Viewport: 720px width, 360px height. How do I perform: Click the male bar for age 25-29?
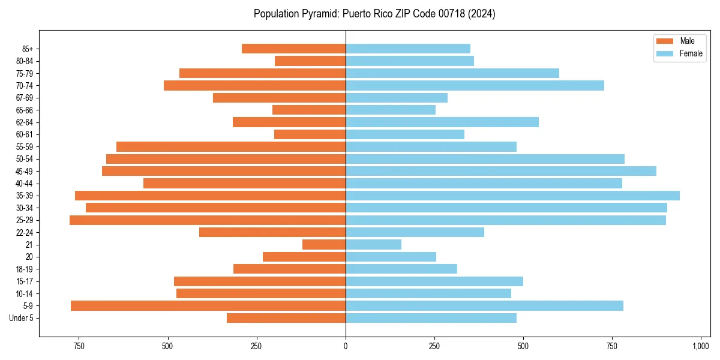[208, 220]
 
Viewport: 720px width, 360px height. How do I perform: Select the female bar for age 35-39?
[512, 196]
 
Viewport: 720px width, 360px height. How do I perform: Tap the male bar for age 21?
[324, 245]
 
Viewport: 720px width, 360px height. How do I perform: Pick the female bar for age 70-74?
[475, 86]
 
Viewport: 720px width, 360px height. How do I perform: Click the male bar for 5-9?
[208, 306]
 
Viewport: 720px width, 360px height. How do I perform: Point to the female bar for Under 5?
[431, 318]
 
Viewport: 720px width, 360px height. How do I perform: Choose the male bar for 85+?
[293, 49]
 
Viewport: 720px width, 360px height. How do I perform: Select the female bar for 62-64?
[442, 122]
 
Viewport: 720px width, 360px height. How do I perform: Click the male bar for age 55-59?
[231, 147]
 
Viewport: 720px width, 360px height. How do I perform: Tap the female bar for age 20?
[391, 257]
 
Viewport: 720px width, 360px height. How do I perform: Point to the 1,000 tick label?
[701, 346]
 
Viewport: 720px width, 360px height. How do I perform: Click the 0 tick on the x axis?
[346, 346]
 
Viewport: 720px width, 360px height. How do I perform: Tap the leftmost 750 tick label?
[79, 346]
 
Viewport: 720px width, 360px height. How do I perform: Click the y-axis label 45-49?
[25, 171]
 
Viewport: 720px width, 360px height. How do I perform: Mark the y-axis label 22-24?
[25, 233]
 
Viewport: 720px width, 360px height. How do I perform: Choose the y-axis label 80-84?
[25, 61]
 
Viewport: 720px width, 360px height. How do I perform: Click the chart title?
[374, 14]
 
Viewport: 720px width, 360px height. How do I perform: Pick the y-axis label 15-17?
[25, 281]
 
